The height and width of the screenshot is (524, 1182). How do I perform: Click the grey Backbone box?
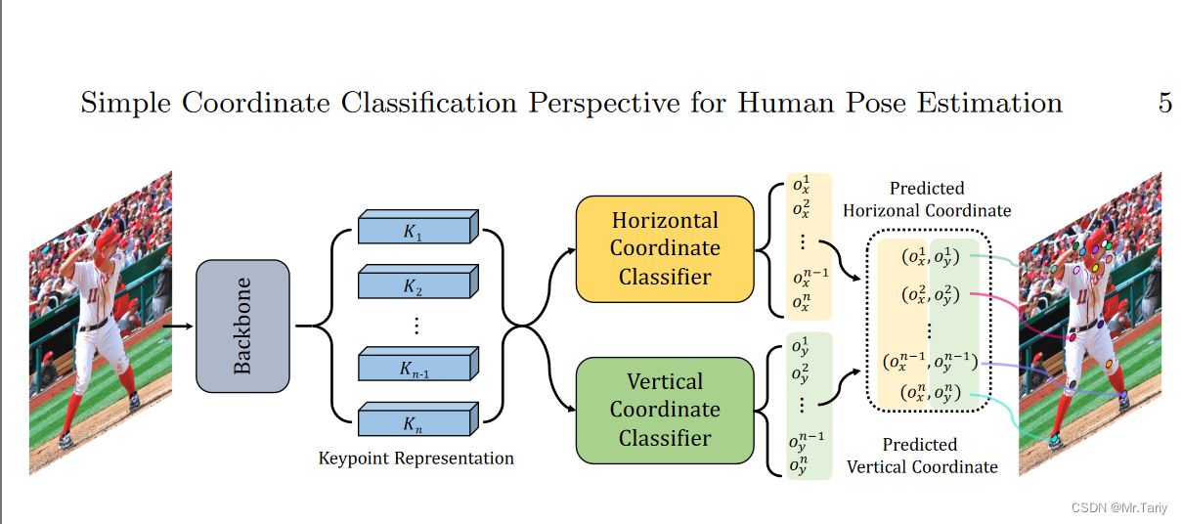click(x=242, y=327)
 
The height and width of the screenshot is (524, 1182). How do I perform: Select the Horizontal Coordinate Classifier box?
click(x=664, y=248)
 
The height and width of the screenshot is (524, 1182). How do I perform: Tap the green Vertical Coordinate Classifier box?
click(x=664, y=410)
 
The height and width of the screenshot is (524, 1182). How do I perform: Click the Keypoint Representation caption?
click(x=416, y=458)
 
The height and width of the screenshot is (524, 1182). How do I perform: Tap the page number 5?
click(x=1164, y=103)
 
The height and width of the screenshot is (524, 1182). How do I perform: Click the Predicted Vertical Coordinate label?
click(x=921, y=456)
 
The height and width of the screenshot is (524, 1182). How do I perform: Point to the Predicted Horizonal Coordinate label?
click(x=926, y=199)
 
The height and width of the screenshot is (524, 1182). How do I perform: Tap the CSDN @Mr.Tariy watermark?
click(x=1120, y=507)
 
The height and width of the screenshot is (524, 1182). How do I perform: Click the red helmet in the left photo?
click(x=109, y=238)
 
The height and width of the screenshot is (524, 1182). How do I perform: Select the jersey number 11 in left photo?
click(x=93, y=293)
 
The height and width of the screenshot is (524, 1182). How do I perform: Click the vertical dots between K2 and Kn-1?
click(x=415, y=325)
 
